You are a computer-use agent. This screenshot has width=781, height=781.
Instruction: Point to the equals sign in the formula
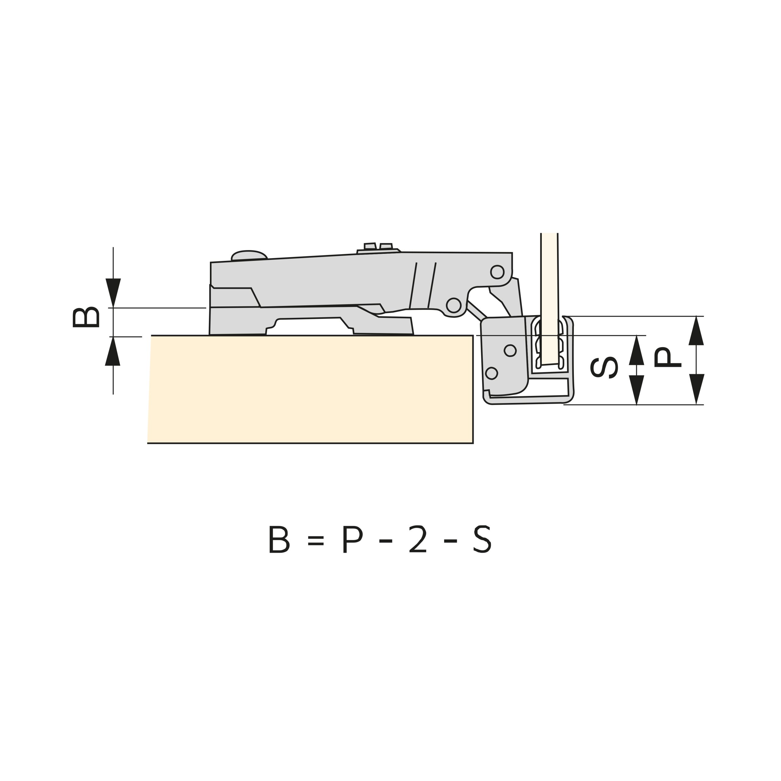tap(315, 541)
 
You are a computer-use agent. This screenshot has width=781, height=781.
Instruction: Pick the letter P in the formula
tap(352, 539)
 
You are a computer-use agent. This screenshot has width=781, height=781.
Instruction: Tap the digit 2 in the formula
tap(418, 539)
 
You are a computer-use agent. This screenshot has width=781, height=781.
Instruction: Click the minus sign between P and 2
tap(386, 541)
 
